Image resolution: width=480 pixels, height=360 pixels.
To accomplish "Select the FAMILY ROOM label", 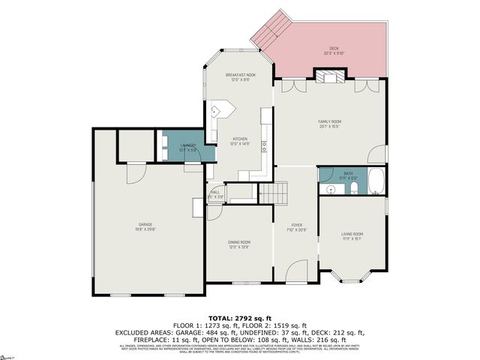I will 330,123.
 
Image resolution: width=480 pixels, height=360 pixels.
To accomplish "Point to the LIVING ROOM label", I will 352,236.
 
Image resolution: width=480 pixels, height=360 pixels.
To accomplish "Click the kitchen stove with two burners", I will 265,147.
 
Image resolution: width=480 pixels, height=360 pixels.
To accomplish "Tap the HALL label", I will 215,193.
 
